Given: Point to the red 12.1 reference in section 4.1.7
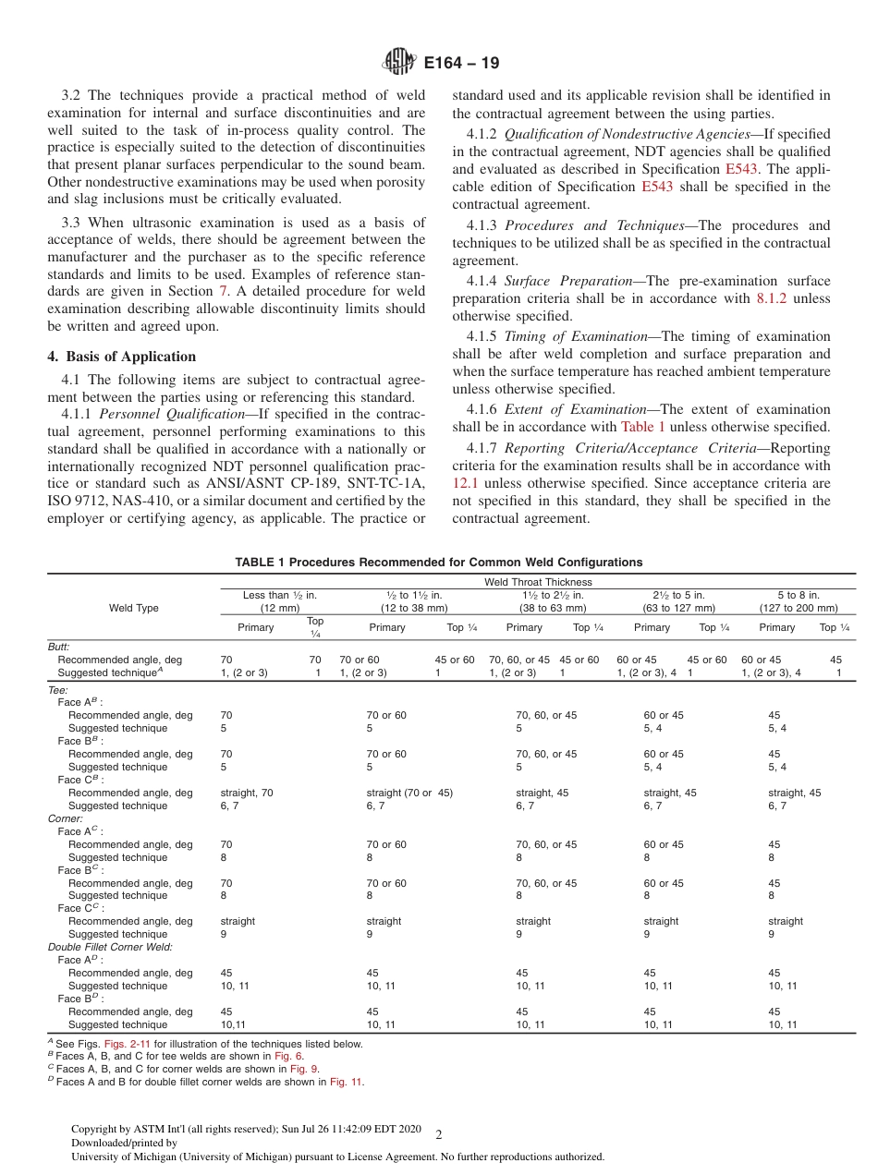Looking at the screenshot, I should tap(465, 482).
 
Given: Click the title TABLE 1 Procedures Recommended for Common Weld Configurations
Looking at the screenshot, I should tap(438, 562).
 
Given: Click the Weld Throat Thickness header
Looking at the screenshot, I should tap(538, 582).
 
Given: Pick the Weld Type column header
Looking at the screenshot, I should tap(133, 608).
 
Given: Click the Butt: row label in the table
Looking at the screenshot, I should tap(58, 648).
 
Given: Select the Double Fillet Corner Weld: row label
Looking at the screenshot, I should tap(110, 947).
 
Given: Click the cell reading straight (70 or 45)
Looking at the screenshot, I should tap(409, 793).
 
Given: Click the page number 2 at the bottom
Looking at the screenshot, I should tap(439, 1134).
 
